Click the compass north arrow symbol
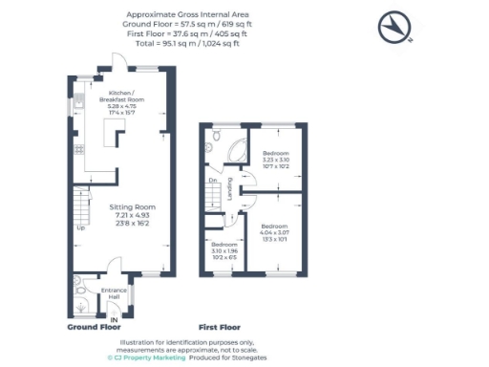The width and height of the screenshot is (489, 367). [x=396, y=28]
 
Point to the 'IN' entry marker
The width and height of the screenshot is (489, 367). [x=114, y=319]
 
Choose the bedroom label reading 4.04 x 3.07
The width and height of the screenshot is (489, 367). [x=275, y=233]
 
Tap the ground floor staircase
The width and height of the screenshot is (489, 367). [x=79, y=205]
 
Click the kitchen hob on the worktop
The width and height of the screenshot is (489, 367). [x=79, y=148]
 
